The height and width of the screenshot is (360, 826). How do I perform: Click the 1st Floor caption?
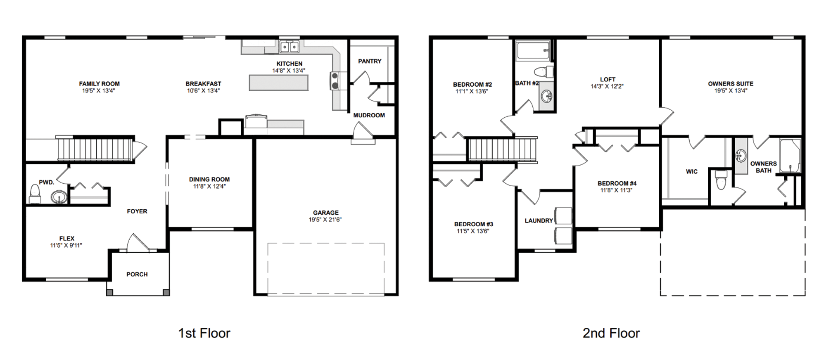[204, 333]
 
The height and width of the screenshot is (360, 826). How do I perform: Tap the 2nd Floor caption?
[611, 333]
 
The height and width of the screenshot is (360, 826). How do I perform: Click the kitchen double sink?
[289, 47]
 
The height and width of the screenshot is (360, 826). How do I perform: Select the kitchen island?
[278, 83]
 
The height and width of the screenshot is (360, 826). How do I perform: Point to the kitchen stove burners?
[335, 81]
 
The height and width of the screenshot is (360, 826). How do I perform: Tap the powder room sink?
[59, 197]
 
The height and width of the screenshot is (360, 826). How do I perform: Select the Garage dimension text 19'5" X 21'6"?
[325, 220]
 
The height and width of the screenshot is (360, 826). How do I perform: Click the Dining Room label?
[209, 179]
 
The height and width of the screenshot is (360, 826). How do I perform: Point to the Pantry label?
[370, 61]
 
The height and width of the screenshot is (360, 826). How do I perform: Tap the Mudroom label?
[369, 115]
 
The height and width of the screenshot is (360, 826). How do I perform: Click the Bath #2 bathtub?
[533, 51]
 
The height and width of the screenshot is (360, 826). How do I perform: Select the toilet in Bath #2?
[544, 71]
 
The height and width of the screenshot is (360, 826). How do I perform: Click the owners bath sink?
[741, 156]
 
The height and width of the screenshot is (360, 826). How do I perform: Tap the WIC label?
[691, 171]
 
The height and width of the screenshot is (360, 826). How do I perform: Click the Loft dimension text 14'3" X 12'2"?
[607, 87]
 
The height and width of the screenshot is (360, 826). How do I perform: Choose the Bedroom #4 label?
[617, 183]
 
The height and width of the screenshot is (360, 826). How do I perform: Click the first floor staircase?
[95, 149]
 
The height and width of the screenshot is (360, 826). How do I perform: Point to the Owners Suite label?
[730, 83]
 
